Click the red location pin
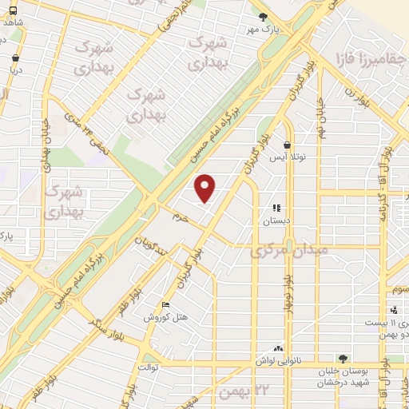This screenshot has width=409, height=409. click(x=206, y=188)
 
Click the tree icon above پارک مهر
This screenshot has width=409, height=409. click(x=263, y=16)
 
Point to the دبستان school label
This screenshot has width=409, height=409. click(x=276, y=219)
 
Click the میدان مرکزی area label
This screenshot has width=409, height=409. click(x=290, y=251)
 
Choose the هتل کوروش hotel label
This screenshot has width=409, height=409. click(x=165, y=316)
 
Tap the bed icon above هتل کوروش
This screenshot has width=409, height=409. click(x=165, y=304)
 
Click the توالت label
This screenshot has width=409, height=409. click(x=150, y=367)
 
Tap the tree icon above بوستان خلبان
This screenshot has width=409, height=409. click(x=343, y=359)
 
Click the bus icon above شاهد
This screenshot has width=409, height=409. click(x=14, y=10)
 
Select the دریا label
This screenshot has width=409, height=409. click(x=16, y=69)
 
